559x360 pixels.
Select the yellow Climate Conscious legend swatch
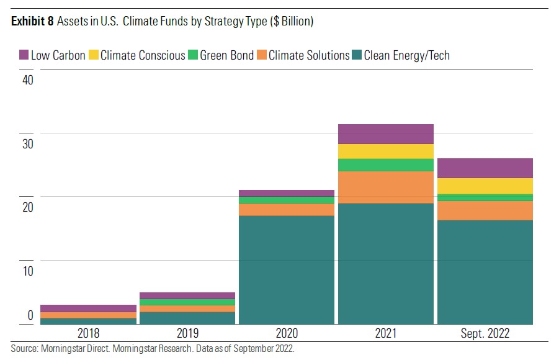point(93,55)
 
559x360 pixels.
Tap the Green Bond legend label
point(226,55)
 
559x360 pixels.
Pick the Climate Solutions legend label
point(309,55)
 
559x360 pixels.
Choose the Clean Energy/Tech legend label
point(406,55)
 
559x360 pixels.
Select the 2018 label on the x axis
point(88,333)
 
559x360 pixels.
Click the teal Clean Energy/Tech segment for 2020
point(286,270)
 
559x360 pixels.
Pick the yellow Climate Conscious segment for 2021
point(385,151)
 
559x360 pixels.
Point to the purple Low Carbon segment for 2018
point(88,308)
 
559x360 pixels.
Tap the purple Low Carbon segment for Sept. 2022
point(485,168)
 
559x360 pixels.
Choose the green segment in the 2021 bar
point(385,164)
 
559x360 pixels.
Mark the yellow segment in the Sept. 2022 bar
point(485,186)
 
